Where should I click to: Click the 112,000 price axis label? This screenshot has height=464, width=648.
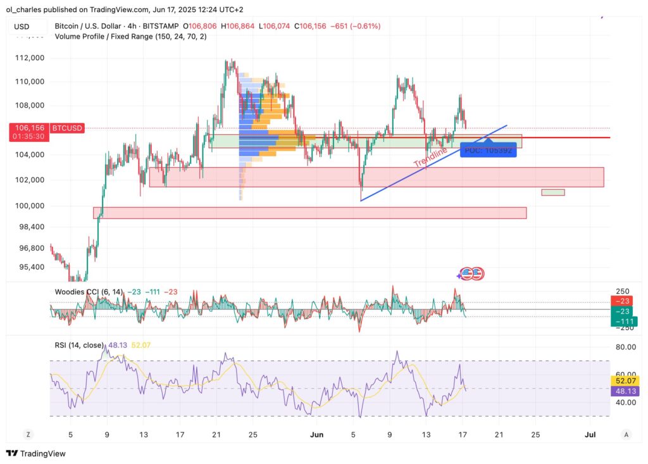point(30,58)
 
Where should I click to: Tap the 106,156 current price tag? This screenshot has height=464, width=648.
point(28,128)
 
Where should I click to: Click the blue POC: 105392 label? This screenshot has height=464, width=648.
point(488,150)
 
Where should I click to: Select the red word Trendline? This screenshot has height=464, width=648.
point(430,157)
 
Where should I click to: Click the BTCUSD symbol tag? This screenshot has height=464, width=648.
point(66,128)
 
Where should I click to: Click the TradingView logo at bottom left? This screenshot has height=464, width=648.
point(36,453)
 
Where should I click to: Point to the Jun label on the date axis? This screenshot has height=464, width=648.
point(317,434)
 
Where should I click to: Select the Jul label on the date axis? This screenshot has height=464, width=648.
point(590,434)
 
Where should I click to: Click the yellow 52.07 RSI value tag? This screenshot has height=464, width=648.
point(625,380)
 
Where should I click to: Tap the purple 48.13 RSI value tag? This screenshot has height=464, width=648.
point(625,391)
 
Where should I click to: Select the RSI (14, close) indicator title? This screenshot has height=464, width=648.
point(80,345)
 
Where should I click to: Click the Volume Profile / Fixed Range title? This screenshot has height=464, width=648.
point(130,37)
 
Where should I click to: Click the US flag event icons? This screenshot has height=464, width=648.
point(471,274)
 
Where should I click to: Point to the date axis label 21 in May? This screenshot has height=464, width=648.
point(216,434)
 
